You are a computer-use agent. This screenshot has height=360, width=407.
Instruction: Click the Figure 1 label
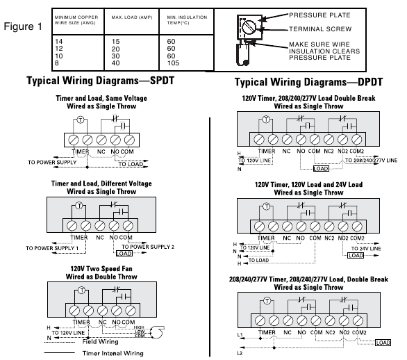coord(23,26)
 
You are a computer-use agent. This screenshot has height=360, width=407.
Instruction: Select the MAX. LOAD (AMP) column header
coord(132,17)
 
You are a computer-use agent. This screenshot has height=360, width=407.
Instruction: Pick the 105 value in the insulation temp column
coord(173,63)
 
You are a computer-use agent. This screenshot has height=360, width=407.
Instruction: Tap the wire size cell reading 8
coord(57,63)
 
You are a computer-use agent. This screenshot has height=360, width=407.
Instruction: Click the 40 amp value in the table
coord(115,63)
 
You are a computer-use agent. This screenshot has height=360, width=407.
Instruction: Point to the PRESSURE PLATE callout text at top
coord(319,15)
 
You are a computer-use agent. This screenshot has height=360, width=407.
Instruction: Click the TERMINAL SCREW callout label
coord(320,28)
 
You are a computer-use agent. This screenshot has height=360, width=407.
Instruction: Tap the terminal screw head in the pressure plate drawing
coord(249,26)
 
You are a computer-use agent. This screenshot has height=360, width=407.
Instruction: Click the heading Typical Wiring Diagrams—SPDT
coord(101,81)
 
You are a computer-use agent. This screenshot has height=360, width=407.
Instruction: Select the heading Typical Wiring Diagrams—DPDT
coord(308,82)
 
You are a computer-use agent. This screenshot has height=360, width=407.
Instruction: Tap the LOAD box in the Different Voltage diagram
coord(124,253)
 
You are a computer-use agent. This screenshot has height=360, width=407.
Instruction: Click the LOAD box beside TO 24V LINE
coord(356,255)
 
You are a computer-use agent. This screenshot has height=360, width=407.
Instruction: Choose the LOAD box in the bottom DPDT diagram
coord(383,343)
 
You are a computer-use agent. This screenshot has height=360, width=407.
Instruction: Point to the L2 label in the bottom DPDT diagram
coord(240,353)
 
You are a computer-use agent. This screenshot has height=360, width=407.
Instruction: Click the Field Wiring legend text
coord(100,341)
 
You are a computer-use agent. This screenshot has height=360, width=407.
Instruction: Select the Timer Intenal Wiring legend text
coord(113,353)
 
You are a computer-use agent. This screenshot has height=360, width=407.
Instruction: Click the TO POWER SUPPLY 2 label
coord(148,247)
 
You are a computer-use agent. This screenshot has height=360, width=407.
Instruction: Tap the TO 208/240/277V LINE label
coord(371,161)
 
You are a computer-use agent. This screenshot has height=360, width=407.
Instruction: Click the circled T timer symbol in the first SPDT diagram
coord(81,120)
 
